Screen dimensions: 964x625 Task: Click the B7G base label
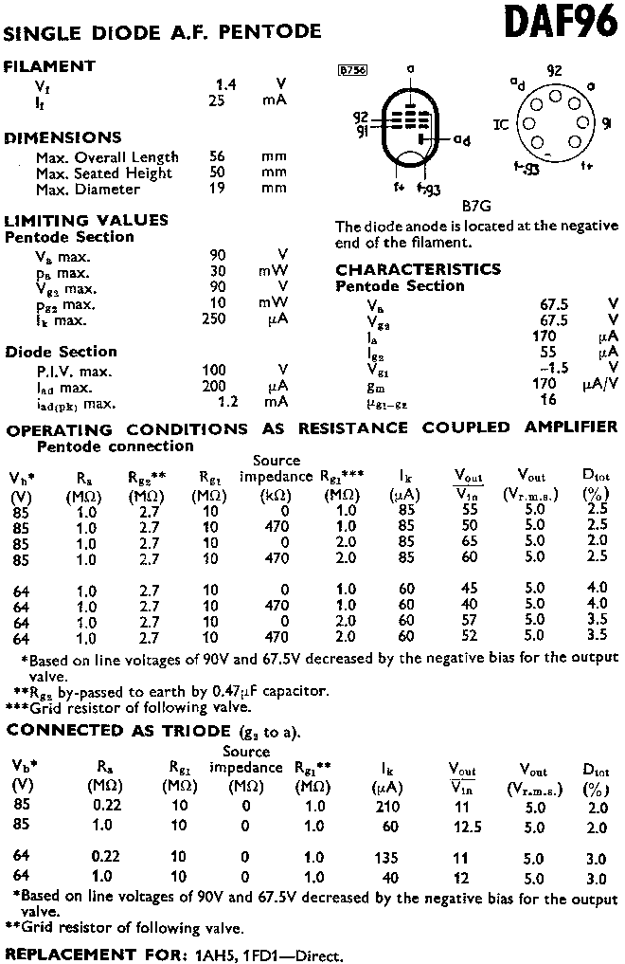pos(477,206)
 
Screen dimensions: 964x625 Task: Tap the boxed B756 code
pos(352,70)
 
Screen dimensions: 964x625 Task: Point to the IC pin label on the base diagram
pos(501,123)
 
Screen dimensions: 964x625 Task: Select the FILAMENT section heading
pos(50,66)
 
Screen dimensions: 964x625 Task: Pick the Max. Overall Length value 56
pos(217,157)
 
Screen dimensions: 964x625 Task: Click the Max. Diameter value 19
pos(217,189)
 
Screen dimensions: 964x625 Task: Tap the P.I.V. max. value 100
pos(214,370)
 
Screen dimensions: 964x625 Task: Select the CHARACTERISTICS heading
pos(418,269)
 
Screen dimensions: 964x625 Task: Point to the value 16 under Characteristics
pos(548,399)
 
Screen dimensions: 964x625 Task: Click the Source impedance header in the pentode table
pos(276,468)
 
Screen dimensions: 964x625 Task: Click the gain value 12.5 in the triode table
pos(461,827)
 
